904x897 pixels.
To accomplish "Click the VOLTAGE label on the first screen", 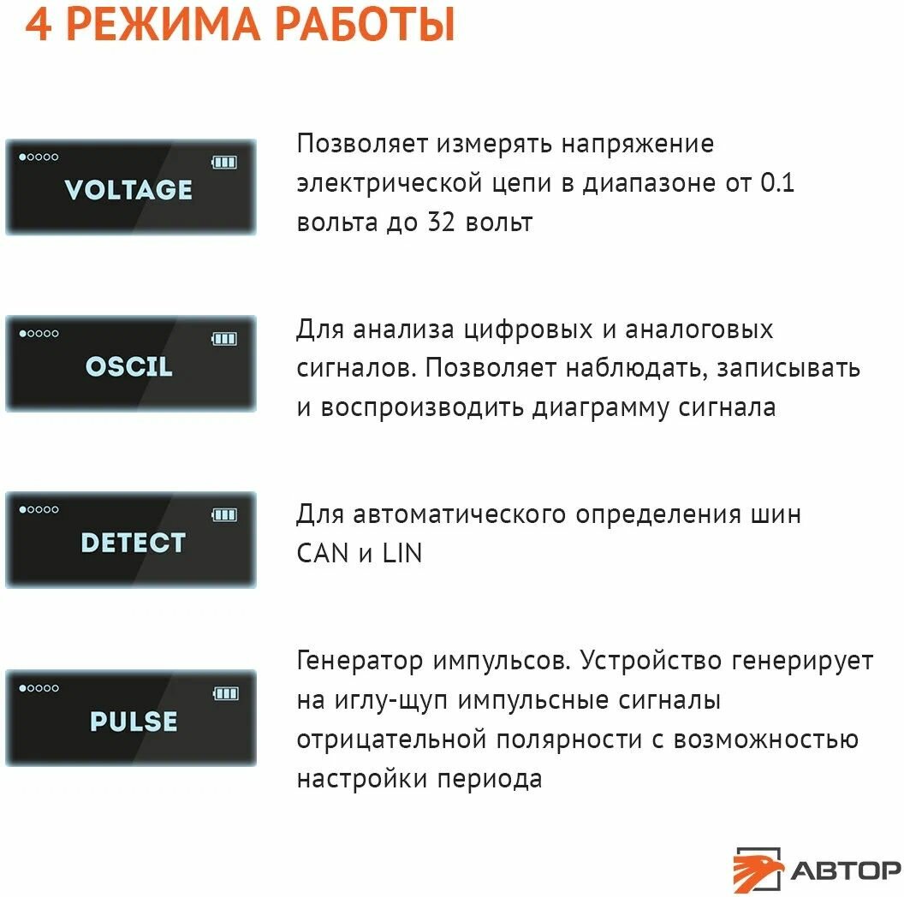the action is coord(128,189).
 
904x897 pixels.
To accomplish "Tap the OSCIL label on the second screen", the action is coord(128,366).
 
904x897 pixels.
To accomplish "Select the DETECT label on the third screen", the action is coord(133,543).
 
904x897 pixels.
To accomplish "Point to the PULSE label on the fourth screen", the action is coord(134,721).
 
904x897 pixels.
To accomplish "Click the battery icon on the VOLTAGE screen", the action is coord(224,161).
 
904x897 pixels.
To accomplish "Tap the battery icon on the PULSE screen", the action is coord(225,692).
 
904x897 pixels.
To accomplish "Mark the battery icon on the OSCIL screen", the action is coord(224,338).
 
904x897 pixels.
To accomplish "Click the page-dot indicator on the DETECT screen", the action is coord(39,510).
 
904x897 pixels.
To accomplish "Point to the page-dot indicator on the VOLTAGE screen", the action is coord(39,157).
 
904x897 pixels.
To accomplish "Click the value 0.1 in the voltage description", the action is coord(777,182).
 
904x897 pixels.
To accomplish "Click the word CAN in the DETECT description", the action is coord(323,553).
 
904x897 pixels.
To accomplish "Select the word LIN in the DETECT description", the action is coord(401,553).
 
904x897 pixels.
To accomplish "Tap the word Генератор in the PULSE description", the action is coord(360,661).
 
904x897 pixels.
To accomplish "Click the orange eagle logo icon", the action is coord(758,869).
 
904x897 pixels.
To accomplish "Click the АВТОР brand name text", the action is coord(845,870).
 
